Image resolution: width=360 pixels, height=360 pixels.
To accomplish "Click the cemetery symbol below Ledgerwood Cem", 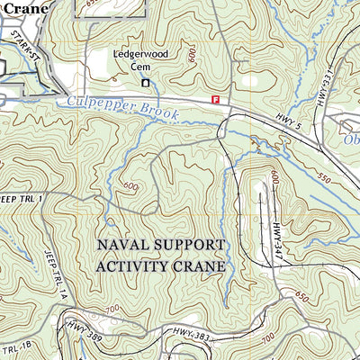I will tap(146, 83).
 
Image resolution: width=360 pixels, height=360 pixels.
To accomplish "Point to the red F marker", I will tap(215, 99).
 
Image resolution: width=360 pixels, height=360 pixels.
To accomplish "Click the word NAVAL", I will tap(128, 244).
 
